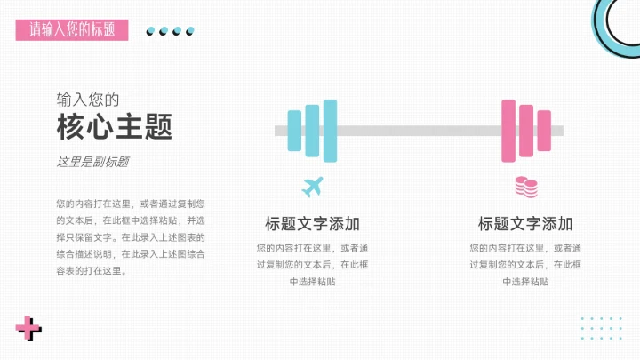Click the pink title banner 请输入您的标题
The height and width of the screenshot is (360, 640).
(72, 29)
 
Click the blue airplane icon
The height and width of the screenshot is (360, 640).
(312, 187)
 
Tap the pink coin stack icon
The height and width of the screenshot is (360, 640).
(526, 187)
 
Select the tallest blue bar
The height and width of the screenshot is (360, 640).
(330, 131)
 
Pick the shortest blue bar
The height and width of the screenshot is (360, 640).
(294, 131)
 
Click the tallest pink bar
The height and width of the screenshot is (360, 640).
(508, 131)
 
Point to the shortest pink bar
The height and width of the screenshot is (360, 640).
(544, 131)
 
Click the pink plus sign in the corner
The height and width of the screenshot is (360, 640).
(28, 329)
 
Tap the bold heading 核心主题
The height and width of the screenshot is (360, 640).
(115, 127)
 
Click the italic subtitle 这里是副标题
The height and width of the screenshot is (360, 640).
(92, 162)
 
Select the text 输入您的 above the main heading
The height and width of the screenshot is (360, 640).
(87, 99)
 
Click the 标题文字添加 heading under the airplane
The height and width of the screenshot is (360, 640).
(312, 223)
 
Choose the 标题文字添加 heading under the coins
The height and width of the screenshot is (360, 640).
(525, 223)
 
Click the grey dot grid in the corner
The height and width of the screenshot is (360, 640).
(601, 327)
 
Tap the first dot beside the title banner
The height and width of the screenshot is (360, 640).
(151, 31)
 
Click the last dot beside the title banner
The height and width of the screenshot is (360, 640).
(189, 31)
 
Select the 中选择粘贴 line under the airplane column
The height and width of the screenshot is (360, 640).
(312, 281)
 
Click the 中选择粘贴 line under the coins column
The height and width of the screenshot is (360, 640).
(525, 281)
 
